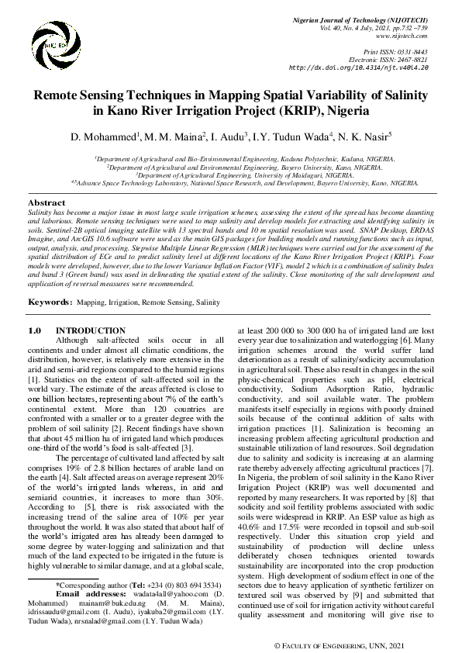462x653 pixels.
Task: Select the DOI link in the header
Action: pyautogui.click(x=359, y=67)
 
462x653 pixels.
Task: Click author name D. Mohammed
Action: pyautogui.click(x=105, y=137)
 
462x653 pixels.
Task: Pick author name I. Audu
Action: pyautogui.click(x=227, y=137)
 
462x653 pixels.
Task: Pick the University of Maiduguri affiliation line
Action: pyautogui.click(x=231, y=175)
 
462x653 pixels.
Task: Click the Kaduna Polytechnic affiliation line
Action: pyautogui.click(x=231, y=159)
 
